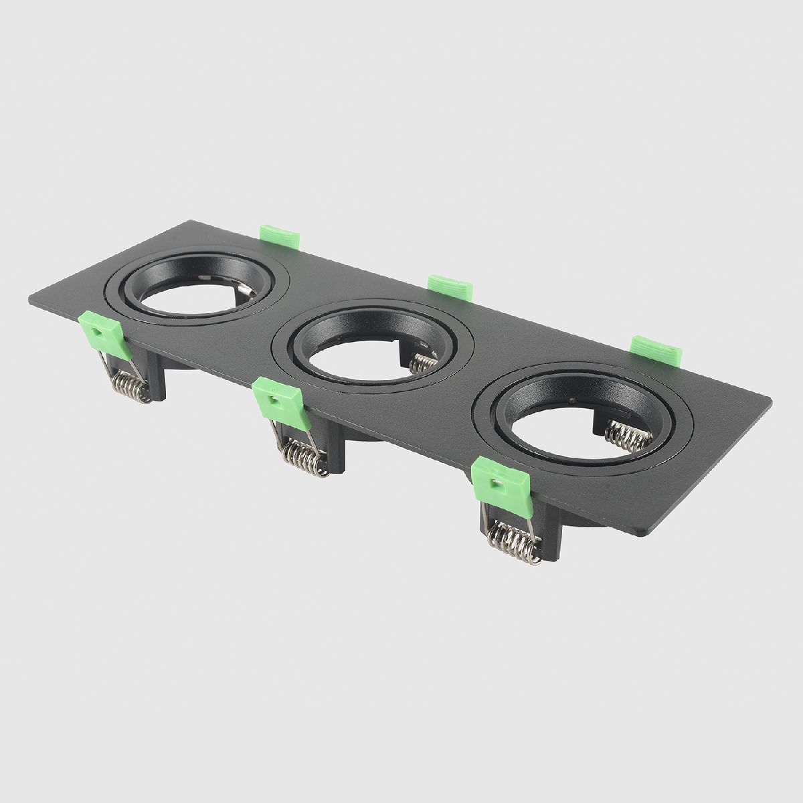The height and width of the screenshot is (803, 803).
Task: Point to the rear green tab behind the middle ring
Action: [450, 284]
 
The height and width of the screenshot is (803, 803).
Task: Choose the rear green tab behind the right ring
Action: [656, 349]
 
